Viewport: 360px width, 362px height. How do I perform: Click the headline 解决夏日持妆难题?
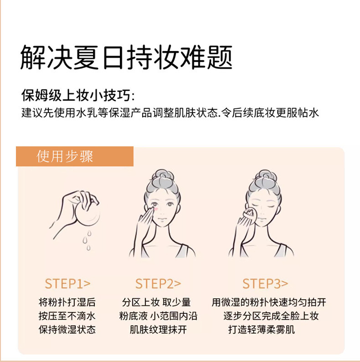pos(126,57)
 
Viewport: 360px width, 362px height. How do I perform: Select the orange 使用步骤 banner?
pos(75,156)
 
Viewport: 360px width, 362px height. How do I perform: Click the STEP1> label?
pos(67,284)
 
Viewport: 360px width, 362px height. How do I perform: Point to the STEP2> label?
pos(158,284)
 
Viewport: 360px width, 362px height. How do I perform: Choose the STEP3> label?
pos(265,284)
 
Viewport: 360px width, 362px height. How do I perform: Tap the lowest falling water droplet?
pos(88,248)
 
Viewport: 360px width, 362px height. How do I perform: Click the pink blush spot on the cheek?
pos(156,209)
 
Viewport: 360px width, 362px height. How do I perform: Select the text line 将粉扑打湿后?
pos(67,302)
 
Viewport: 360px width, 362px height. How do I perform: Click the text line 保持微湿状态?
pos(67,330)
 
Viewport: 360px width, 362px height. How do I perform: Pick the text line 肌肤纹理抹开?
pos(158,330)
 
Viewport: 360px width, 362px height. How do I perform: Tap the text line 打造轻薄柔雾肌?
pos(262,330)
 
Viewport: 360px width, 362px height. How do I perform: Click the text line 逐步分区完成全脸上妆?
pos(271,316)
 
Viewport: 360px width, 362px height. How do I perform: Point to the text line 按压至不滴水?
pos(67,316)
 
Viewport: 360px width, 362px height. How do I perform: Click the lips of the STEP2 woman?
pos(162,219)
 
